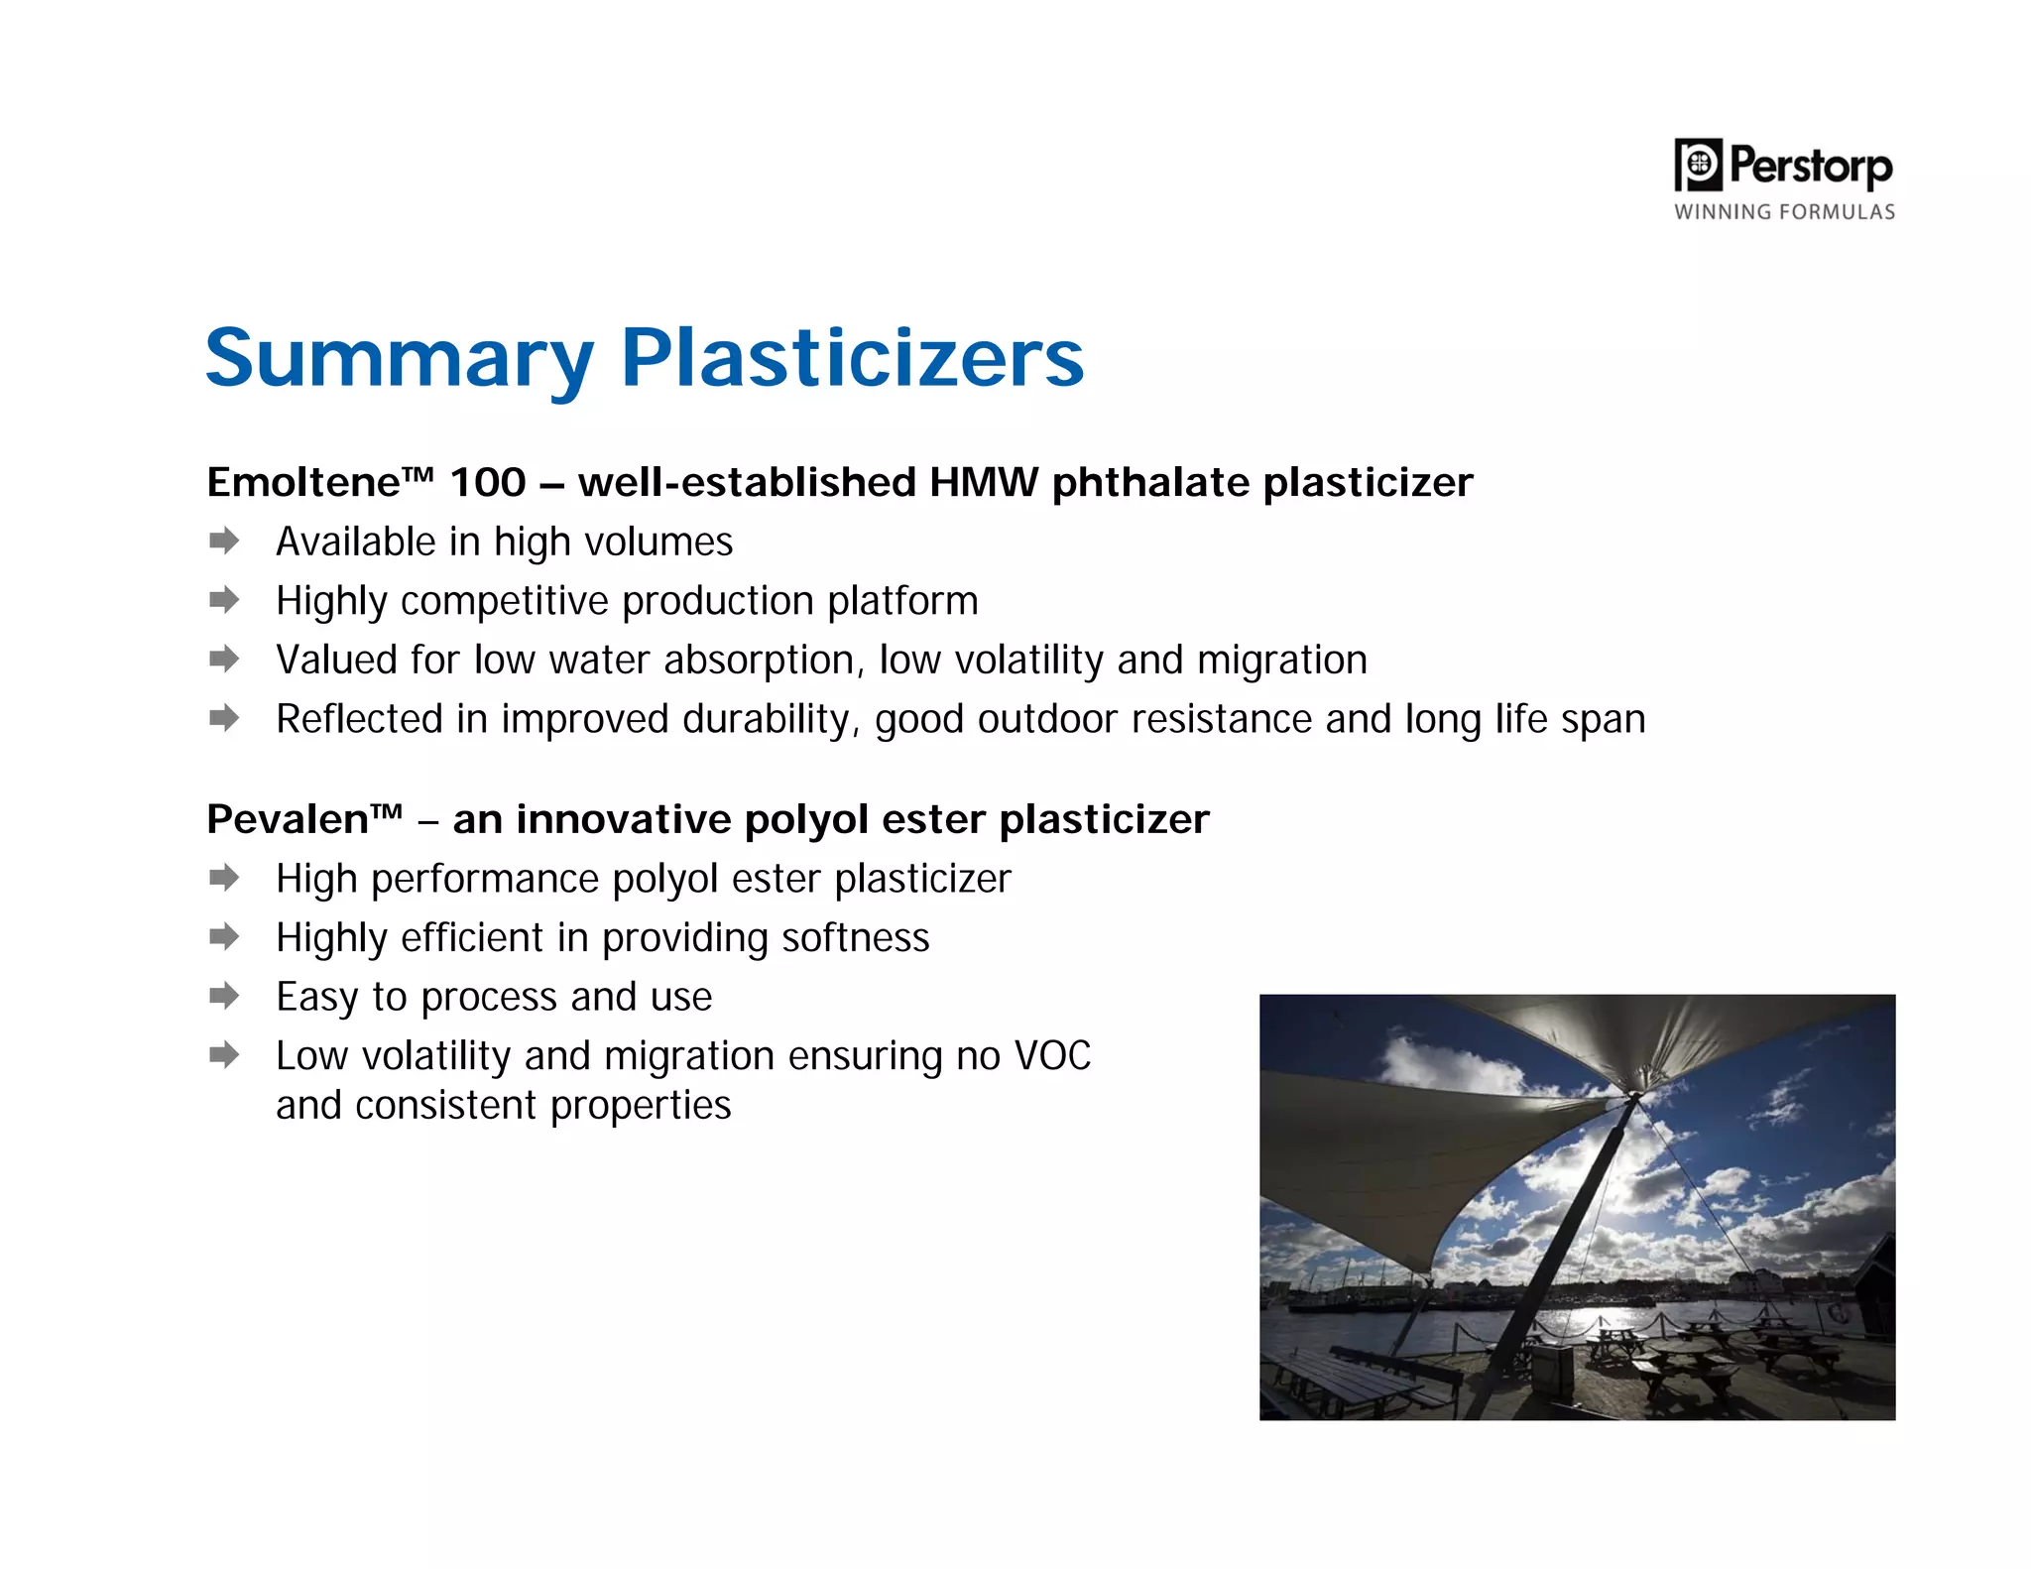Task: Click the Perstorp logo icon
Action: tap(1698, 165)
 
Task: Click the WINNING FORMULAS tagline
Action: tap(1784, 212)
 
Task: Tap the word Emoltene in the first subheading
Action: tap(302, 483)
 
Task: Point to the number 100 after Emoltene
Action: tap(488, 483)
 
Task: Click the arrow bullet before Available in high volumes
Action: tap(225, 541)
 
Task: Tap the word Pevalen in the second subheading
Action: tap(288, 820)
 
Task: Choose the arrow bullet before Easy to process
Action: tap(225, 996)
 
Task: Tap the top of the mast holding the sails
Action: tap(1633, 1097)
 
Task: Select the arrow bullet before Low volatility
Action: tap(225, 1054)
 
